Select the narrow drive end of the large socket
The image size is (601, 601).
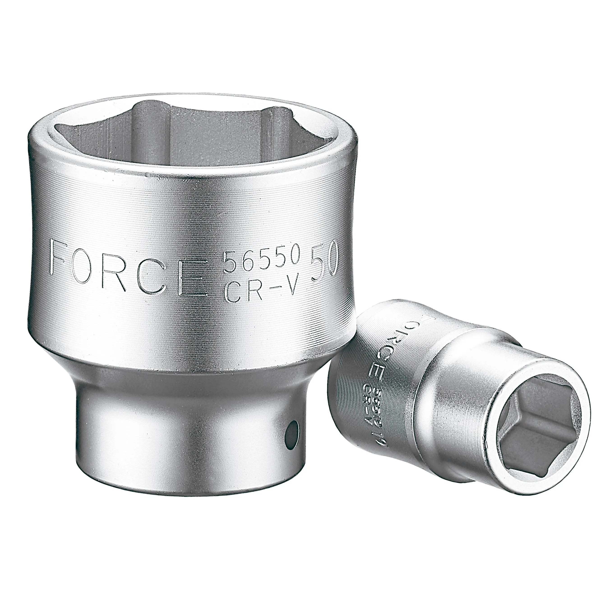(x=187, y=451)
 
